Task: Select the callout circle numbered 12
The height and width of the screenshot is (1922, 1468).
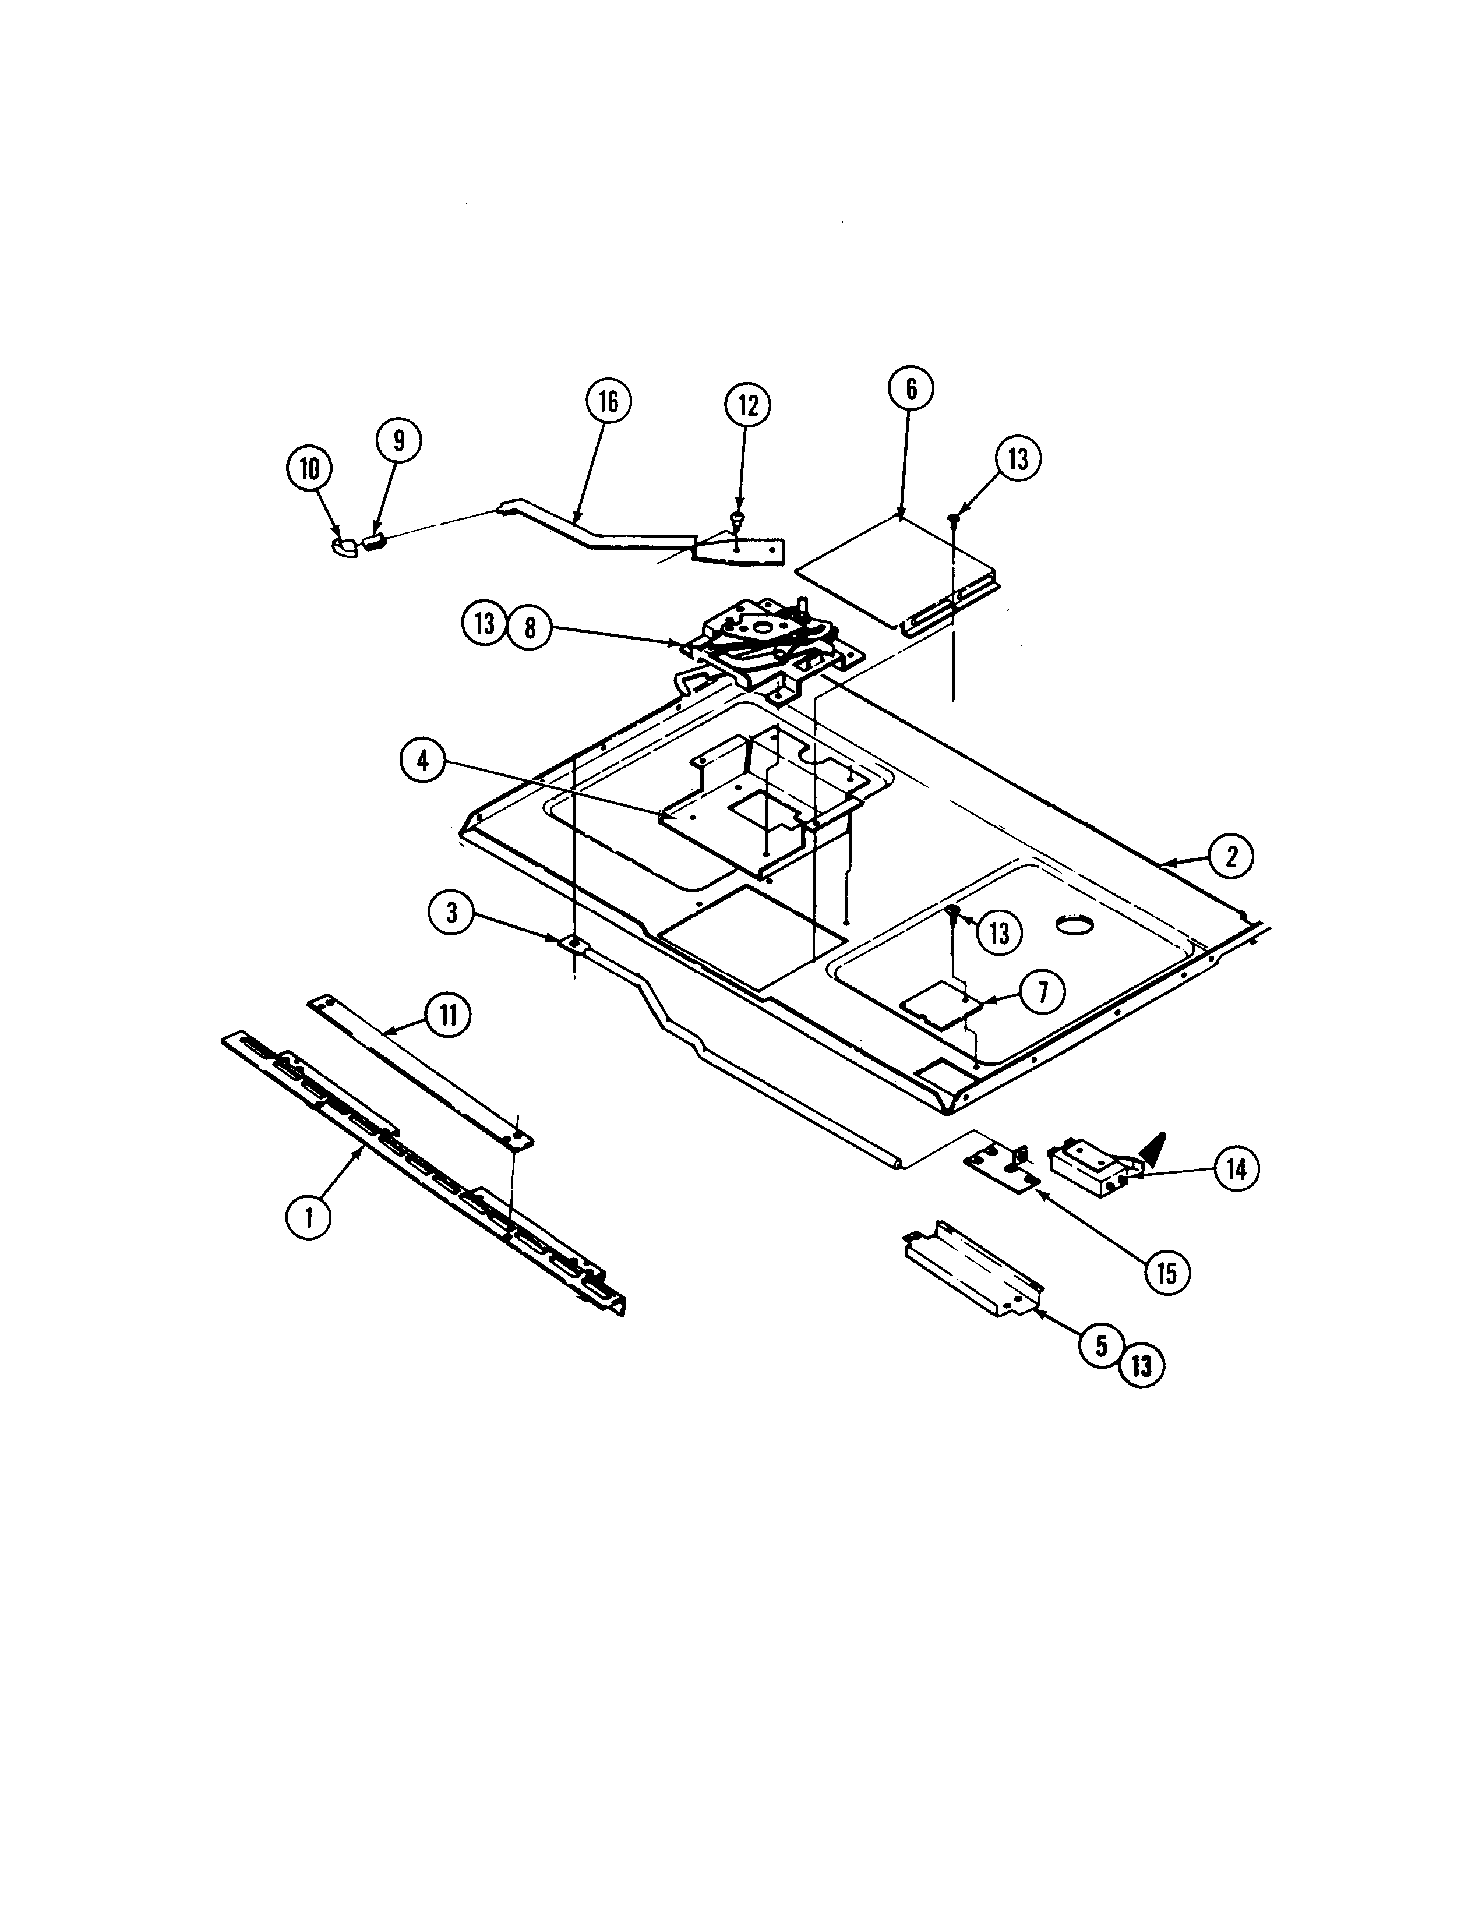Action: [x=748, y=405]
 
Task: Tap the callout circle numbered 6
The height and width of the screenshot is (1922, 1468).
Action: [x=911, y=389]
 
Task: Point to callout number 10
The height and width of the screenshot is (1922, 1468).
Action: [x=310, y=469]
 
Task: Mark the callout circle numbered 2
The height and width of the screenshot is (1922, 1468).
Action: [x=1231, y=857]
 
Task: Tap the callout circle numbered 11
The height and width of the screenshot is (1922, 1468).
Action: [x=447, y=1015]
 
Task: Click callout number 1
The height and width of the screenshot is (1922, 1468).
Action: [x=309, y=1217]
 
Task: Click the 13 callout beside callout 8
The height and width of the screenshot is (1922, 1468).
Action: [x=484, y=624]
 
